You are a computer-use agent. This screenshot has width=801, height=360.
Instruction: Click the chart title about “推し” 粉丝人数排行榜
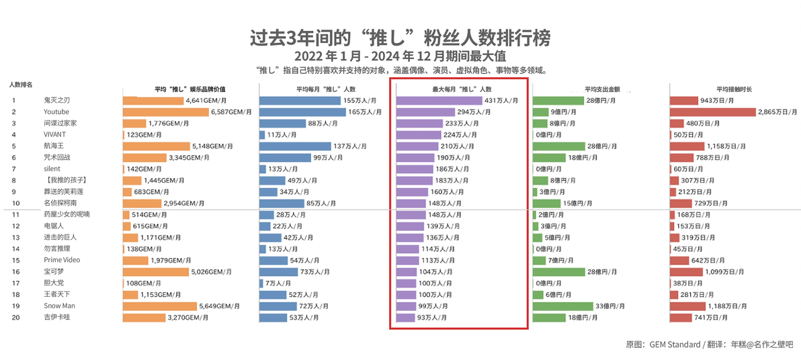400,38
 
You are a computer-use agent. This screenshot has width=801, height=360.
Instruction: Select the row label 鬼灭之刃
56,101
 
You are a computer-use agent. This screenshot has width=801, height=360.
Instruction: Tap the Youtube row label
56,112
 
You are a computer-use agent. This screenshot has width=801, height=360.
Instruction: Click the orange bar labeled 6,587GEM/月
166,112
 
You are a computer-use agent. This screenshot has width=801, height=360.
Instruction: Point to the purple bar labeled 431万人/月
439,101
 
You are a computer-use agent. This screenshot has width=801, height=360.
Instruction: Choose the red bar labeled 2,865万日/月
712,112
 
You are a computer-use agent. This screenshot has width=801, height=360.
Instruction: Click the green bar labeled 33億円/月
563,306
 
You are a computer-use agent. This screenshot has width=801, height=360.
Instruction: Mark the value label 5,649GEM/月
219,306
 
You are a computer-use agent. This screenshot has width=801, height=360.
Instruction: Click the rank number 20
15,317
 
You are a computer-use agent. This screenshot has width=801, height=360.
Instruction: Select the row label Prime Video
62,260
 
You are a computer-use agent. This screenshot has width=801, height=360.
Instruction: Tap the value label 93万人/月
433,317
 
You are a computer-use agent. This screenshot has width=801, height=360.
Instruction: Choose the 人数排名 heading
22,84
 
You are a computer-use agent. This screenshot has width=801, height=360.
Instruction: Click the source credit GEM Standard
675,345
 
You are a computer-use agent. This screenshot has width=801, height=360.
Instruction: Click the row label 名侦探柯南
60,204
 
